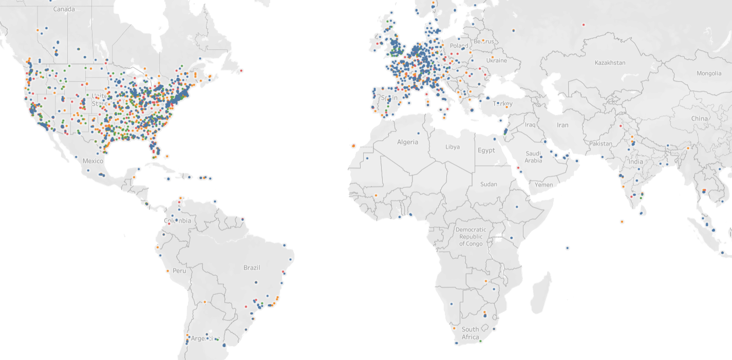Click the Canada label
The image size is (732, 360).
click(64, 9)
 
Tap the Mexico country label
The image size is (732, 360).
click(93, 161)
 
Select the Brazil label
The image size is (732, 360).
click(252, 268)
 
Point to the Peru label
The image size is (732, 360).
click(179, 270)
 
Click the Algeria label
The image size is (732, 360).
click(407, 142)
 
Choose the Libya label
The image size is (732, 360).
click(453, 147)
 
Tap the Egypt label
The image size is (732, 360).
click(486, 150)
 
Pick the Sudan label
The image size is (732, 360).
click(489, 184)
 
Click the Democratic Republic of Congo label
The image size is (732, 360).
click(471, 236)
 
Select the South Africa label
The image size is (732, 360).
click(470, 333)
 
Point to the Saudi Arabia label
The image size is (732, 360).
click(533, 157)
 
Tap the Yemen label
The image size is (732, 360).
click(543, 184)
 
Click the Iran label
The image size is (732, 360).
click(562, 125)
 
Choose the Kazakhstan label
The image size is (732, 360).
click(610, 63)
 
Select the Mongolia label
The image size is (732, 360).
click(709, 73)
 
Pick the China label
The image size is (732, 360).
click(699, 118)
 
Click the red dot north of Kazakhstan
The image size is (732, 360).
click(584, 25)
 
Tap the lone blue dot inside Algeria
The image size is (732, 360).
click(418, 134)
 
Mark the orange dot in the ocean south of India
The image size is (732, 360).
click(622, 222)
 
